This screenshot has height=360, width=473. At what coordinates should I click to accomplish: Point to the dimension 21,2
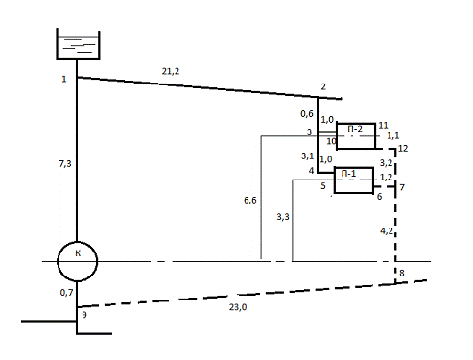point(171,71)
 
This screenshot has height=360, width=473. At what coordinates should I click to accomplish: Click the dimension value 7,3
point(65,164)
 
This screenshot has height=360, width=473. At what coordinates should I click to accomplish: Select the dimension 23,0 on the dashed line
point(238,307)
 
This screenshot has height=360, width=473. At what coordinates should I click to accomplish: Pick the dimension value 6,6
point(250,201)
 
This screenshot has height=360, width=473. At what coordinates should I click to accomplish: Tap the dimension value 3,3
point(283,217)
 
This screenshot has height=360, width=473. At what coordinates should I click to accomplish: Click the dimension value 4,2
point(387,230)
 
